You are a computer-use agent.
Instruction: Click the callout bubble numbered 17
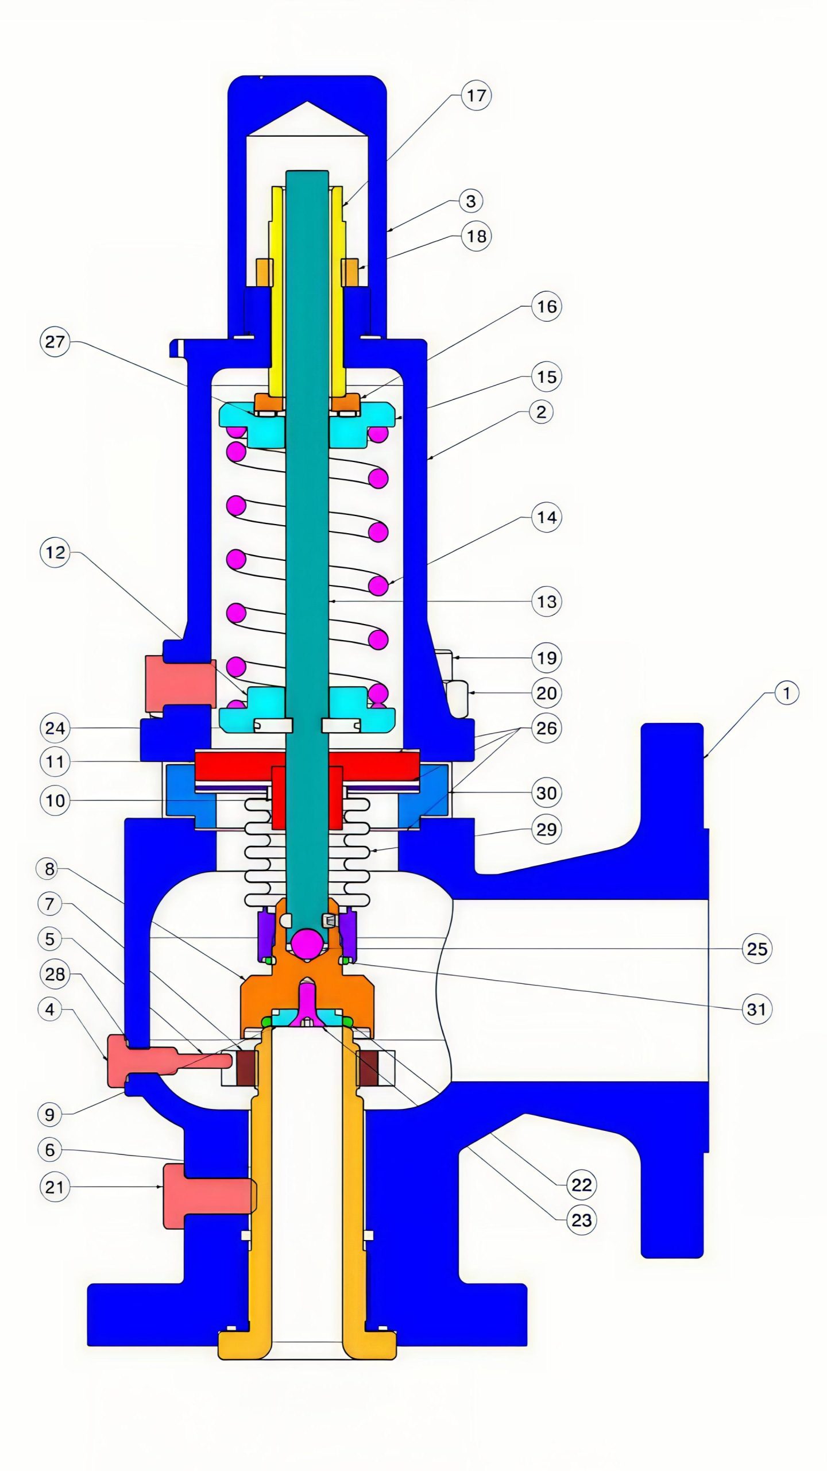pyautogui.click(x=476, y=95)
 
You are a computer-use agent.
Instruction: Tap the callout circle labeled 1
pyautogui.click(x=786, y=693)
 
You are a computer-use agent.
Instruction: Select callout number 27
pyautogui.click(x=55, y=342)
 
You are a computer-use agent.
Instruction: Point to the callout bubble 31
pyautogui.click(x=756, y=1009)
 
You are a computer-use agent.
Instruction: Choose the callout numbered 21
pyautogui.click(x=55, y=1187)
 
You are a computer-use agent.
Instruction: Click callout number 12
pyautogui.click(x=55, y=553)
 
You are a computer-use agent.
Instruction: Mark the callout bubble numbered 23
pyautogui.click(x=581, y=1220)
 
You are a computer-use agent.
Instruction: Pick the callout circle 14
pyautogui.click(x=546, y=517)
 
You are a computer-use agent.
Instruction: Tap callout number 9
pyautogui.click(x=50, y=1115)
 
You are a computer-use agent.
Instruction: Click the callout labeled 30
pyautogui.click(x=546, y=793)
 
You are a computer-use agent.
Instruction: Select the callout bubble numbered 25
pyautogui.click(x=756, y=948)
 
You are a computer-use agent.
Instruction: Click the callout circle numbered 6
pyautogui.click(x=50, y=1150)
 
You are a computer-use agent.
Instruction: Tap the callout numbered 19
pyautogui.click(x=546, y=658)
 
